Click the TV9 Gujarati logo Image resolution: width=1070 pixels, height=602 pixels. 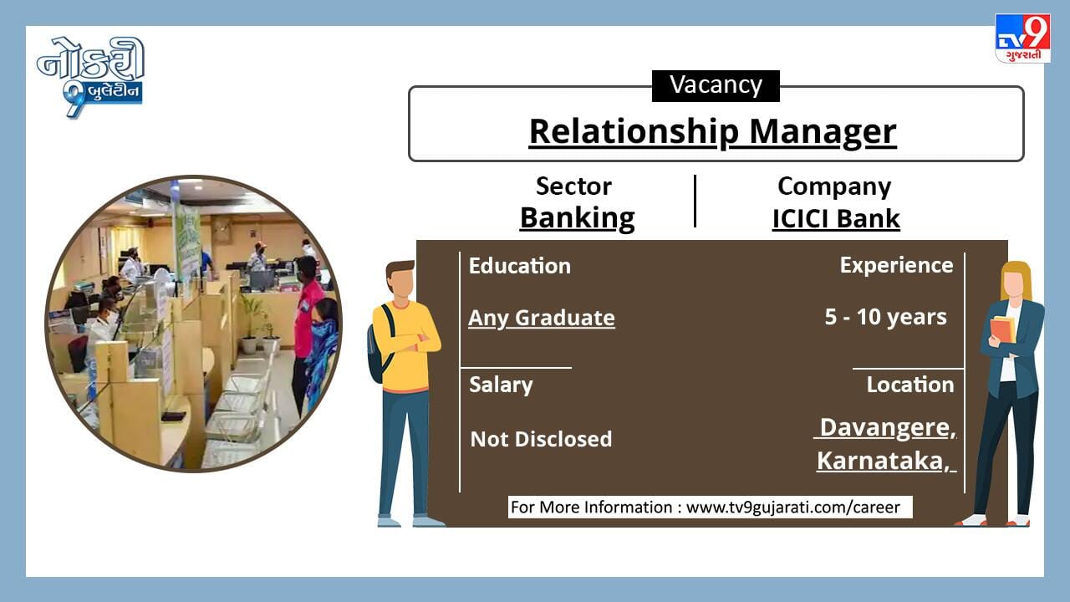[x=1022, y=38]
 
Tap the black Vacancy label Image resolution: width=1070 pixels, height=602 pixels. [x=716, y=85]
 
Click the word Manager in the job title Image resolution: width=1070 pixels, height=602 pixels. [x=823, y=131]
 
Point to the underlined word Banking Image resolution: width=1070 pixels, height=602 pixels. [x=577, y=219]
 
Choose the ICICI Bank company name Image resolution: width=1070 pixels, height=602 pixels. [x=836, y=219]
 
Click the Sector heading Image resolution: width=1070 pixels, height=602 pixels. [x=573, y=186]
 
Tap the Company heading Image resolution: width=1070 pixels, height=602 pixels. [x=834, y=186]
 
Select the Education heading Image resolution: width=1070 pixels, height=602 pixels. [x=520, y=266]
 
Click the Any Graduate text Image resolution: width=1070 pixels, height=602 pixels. [x=542, y=319]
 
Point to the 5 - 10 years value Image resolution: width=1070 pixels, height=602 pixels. [x=885, y=317]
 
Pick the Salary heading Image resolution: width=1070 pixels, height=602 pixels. [x=501, y=385]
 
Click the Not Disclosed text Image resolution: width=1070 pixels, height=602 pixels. [x=541, y=439]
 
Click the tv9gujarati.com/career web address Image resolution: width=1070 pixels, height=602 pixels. [x=793, y=508]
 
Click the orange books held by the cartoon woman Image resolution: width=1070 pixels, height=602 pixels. [x=1002, y=329]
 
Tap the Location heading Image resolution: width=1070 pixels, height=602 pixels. [x=910, y=385]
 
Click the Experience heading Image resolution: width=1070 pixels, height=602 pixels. [x=897, y=266]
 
